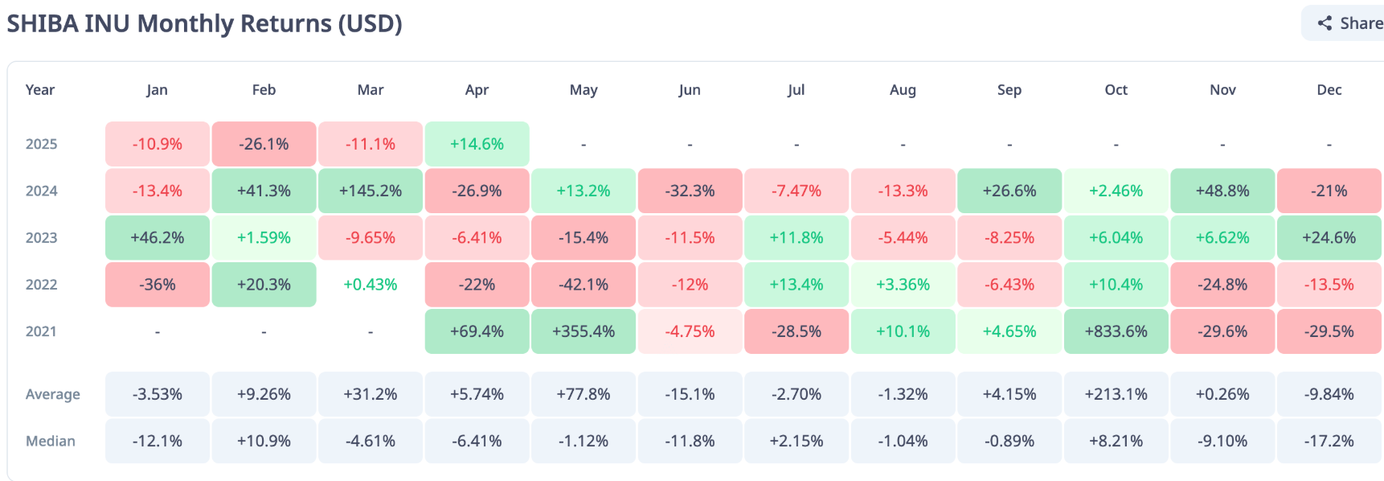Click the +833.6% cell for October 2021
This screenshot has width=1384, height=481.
tap(1116, 331)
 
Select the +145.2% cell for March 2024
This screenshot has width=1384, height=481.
tap(371, 191)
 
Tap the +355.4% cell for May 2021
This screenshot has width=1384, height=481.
tap(583, 331)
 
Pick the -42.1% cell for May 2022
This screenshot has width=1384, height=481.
tap(583, 285)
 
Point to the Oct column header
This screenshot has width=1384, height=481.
tap(1116, 90)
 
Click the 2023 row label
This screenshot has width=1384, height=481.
tap(42, 238)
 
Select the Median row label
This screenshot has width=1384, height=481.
tap(51, 441)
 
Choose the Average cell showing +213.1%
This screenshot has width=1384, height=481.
tap(1116, 394)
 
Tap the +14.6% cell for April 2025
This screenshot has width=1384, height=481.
tap(477, 144)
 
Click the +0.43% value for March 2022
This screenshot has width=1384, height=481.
tap(371, 285)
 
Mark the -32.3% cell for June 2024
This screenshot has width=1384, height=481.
tap(690, 191)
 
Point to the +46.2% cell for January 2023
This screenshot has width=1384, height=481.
tap(158, 238)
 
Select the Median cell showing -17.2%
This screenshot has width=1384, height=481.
tap(1329, 441)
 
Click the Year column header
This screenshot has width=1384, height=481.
tap(40, 90)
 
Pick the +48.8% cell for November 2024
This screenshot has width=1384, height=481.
tap(1222, 191)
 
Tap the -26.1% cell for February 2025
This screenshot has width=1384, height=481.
tap(264, 144)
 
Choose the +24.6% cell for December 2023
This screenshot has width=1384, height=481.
tap(1329, 238)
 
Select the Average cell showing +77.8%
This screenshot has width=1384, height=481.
tap(583, 394)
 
